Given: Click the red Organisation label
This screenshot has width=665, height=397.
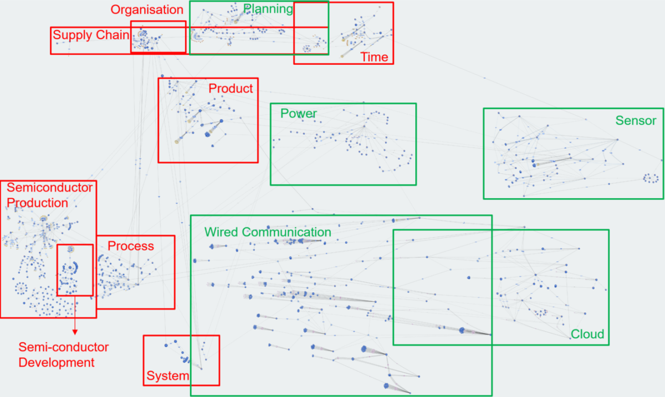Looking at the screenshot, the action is click(x=147, y=10).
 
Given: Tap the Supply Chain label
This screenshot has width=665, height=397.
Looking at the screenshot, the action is click(x=91, y=35).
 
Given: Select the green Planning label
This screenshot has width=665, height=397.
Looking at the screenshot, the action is click(x=268, y=9).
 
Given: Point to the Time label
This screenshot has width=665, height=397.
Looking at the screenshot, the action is click(x=375, y=57).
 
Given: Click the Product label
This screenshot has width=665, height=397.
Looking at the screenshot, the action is click(x=231, y=89).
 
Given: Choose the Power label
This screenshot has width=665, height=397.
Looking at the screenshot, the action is click(x=299, y=114).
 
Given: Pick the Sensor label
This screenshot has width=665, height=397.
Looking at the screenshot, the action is click(x=636, y=121).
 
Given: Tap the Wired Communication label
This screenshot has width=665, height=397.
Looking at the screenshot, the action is click(x=268, y=232).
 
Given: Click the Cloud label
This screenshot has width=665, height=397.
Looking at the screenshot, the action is click(x=587, y=334).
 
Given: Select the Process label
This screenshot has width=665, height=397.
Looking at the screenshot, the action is click(x=131, y=246).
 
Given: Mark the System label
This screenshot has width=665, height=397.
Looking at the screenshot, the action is click(x=168, y=375).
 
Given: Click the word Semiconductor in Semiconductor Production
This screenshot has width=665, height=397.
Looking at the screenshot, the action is click(x=49, y=188).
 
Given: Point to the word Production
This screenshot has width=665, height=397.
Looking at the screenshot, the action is click(x=38, y=203).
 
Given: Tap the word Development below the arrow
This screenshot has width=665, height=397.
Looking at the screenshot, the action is click(x=57, y=363).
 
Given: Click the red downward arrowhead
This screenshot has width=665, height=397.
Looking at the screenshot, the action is click(x=75, y=332).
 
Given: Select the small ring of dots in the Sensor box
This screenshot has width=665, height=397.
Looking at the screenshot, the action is click(x=651, y=178).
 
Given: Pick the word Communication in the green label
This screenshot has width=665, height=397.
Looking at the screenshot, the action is click(x=287, y=232).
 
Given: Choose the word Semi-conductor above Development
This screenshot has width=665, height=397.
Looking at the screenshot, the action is click(x=64, y=347).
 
